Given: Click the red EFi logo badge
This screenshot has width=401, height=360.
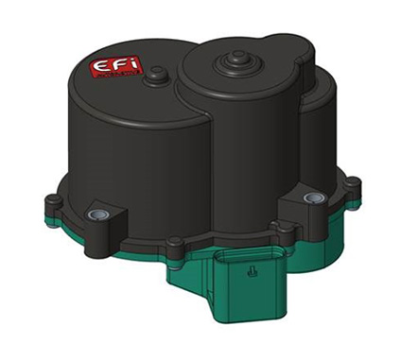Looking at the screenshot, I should click(x=110, y=68).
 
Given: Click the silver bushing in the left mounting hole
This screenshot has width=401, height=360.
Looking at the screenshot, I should click(x=95, y=215).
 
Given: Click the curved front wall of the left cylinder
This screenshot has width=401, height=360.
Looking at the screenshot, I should click(x=123, y=161).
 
